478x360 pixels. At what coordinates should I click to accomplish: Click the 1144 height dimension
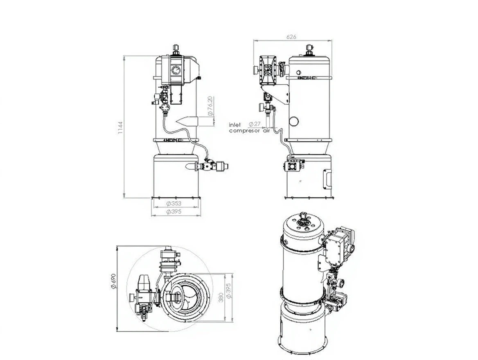120,127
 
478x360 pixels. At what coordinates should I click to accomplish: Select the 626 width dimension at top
291,36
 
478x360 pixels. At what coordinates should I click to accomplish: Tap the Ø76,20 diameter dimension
210,106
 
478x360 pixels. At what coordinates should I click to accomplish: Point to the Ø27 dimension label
255,124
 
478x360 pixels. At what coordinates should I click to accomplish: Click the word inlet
235,125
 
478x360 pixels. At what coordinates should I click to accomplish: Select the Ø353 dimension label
174,203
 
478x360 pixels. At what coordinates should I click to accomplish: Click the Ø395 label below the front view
174,211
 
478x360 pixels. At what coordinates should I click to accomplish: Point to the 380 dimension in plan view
221,297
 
